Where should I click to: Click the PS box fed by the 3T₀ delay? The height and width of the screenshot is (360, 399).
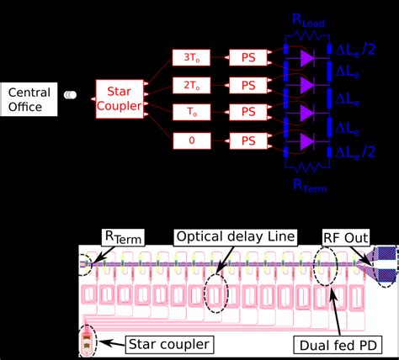(x=248, y=58)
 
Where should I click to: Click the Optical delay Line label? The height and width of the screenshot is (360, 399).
(x=236, y=237)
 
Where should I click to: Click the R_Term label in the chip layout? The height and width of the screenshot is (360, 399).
(x=124, y=237)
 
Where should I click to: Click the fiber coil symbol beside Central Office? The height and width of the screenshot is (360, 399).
(x=72, y=96)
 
